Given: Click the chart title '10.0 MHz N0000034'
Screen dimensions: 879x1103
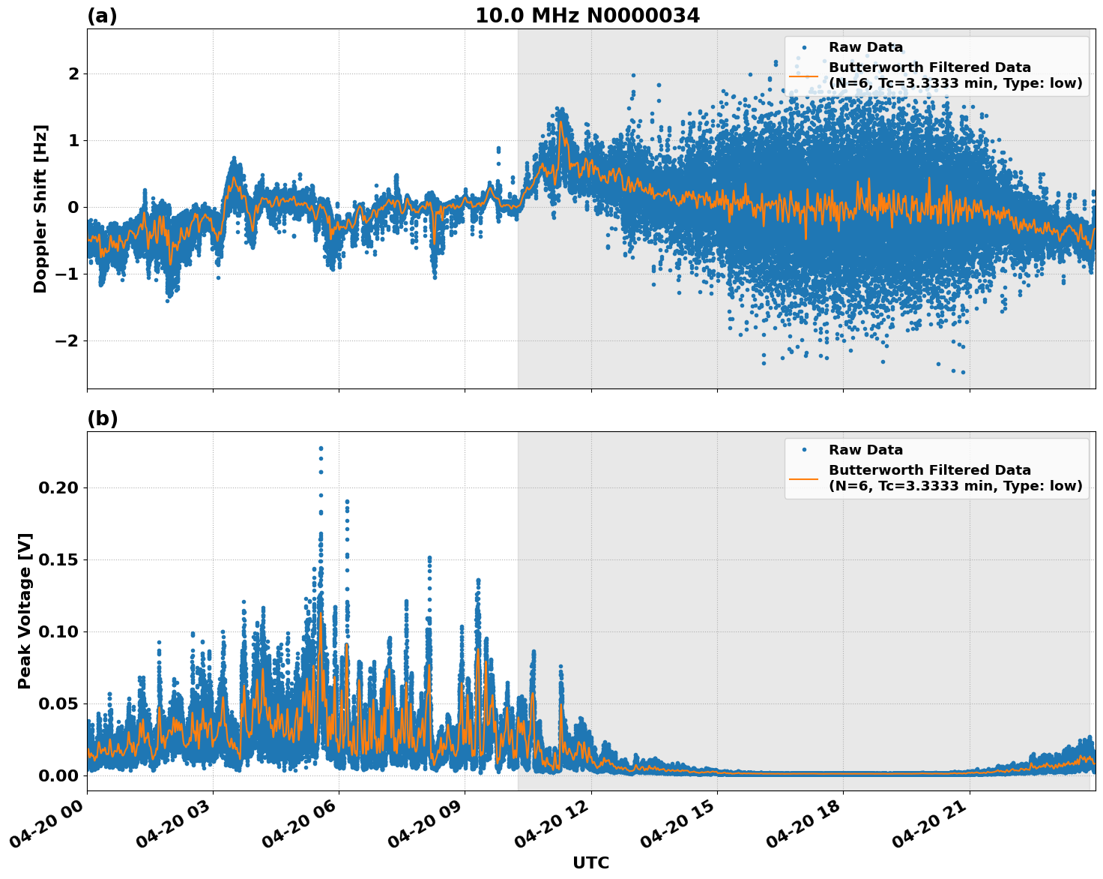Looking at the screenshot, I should click(x=587, y=16).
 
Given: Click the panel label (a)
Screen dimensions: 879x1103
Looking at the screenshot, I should click(x=102, y=16).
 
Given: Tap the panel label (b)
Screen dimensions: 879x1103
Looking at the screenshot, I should click(x=102, y=418).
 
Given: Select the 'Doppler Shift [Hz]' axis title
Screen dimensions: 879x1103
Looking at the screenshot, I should click(x=40, y=208).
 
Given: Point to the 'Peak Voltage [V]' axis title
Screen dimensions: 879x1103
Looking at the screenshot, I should click(x=25, y=611).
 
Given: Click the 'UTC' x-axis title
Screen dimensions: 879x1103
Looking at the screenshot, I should click(x=590, y=862).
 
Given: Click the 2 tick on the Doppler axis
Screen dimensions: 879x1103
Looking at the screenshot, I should click(x=73, y=73).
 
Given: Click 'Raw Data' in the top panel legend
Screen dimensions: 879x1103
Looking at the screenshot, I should click(x=865, y=48).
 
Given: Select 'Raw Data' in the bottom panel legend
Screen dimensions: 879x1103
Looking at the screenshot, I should click(x=865, y=450).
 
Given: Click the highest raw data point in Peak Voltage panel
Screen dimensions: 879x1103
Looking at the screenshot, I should click(x=321, y=448).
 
